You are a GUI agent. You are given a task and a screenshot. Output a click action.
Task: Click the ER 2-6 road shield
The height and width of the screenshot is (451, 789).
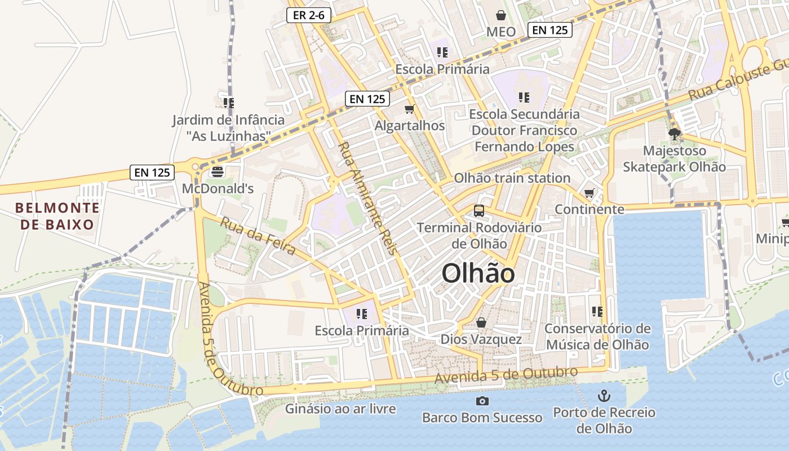tap(308, 15)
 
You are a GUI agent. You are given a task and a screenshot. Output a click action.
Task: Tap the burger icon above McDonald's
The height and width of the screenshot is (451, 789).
tap(218, 171)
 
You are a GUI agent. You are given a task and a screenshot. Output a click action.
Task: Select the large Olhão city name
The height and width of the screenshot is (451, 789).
tap(478, 274)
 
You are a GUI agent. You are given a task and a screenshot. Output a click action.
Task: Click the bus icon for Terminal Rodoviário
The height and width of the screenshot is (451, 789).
tap(479, 211)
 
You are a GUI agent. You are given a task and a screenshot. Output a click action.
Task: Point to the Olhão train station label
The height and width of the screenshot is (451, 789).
tap(512, 178)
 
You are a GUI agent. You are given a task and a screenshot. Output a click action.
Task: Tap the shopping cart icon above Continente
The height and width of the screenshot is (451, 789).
tap(589, 193)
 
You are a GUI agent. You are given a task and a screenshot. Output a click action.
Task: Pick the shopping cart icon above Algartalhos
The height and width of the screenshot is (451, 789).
tap(410, 109)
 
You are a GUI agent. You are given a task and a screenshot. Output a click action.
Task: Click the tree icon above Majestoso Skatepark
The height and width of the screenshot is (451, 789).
tap(674, 134)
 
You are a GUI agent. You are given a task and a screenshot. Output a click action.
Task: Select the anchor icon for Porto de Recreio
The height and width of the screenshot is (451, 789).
tap(604, 395)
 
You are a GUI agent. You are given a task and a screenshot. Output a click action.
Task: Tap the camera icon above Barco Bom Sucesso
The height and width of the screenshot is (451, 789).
tap(482, 401)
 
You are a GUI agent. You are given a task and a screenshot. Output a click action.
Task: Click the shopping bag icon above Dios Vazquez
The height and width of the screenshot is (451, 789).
tap(481, 322)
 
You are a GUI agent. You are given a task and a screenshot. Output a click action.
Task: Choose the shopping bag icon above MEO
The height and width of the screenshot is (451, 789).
tap(500, 15)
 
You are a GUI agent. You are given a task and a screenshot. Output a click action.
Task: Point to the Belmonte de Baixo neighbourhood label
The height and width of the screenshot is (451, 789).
tap(57, 216)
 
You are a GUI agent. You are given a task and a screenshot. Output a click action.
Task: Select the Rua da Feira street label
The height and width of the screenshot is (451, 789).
tap(258, 236)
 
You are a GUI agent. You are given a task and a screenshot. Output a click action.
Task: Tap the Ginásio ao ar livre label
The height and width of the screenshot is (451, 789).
tap(340, 409)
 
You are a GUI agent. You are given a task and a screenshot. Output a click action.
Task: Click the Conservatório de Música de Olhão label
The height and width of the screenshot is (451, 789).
tap(597, 337)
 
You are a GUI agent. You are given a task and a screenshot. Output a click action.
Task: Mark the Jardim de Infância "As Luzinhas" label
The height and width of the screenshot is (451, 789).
tap(228, 128)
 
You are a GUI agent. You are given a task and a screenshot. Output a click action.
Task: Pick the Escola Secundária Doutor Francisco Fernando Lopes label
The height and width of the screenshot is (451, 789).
tap(525, 130)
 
